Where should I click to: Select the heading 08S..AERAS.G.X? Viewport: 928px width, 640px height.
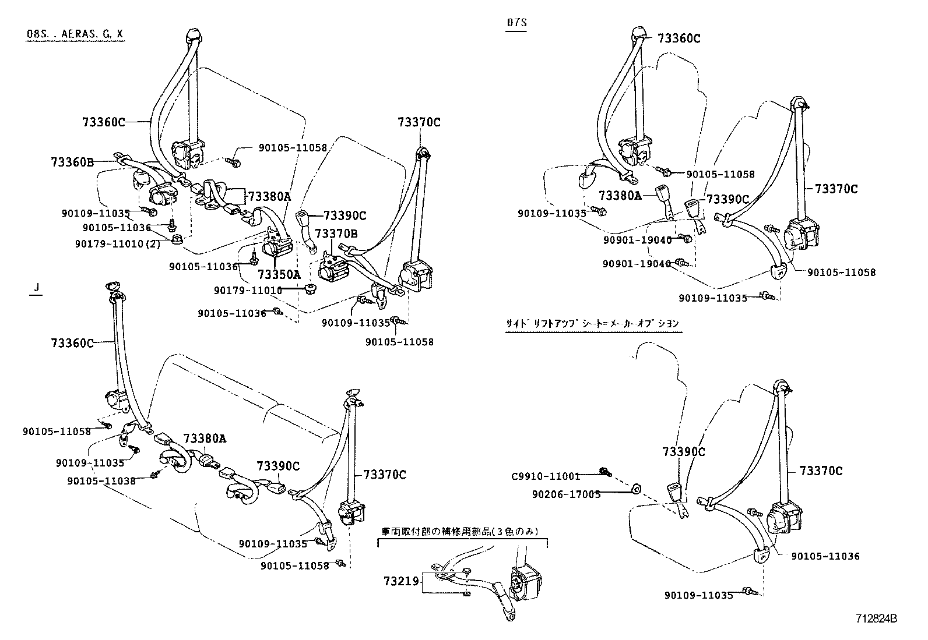(75, 34)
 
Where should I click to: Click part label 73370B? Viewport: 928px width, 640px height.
(336, 233)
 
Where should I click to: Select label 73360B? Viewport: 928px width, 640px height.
(72, 162)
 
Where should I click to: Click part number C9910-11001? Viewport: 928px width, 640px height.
(546, 476)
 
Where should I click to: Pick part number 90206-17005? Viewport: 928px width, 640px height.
(566, 494)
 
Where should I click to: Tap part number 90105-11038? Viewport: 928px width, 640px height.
(101, 481)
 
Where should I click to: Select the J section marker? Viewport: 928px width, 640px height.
(36, 288)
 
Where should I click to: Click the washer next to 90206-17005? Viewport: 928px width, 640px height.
(637, 489)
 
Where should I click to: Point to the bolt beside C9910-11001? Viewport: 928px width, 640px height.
(605, 472)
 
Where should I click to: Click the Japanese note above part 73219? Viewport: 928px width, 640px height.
(460, 531)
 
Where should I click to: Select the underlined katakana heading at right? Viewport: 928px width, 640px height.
(593, 323)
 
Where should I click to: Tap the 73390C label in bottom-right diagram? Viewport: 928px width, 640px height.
(683, 451)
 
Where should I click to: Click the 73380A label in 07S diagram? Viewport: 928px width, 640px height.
(619, 196)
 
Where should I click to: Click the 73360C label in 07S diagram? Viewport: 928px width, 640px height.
(679, 38)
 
